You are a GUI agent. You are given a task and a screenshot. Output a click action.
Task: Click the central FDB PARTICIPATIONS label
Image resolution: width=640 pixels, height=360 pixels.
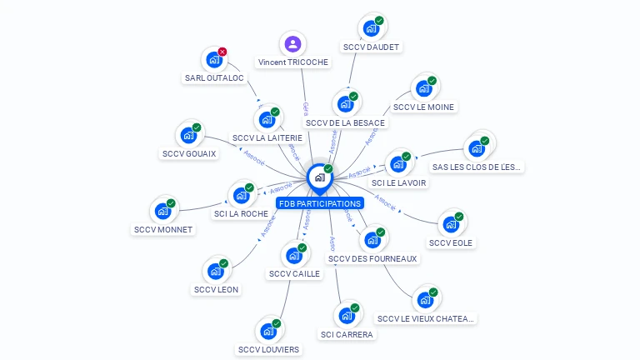319,203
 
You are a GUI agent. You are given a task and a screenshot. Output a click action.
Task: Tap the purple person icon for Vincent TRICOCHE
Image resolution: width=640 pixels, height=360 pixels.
292,44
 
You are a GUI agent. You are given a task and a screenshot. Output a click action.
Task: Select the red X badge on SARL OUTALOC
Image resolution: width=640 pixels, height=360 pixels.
222,52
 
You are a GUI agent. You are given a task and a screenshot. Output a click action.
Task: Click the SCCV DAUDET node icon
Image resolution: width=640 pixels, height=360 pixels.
371,28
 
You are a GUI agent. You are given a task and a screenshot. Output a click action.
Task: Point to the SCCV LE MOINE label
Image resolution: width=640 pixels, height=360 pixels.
424,107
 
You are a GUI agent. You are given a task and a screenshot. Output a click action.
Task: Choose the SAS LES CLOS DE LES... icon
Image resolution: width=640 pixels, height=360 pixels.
477,148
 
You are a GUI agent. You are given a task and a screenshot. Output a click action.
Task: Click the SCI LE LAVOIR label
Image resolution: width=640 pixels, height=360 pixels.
399,182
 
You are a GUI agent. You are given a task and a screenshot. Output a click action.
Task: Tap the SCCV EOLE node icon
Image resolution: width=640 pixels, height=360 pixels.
451,224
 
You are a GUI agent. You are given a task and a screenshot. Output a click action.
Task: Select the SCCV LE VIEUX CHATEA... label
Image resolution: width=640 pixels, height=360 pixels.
426,318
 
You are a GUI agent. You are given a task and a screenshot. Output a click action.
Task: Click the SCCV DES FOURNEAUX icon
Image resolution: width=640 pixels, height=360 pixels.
372,240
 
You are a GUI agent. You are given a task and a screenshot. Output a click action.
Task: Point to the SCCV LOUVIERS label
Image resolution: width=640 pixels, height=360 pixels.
268,349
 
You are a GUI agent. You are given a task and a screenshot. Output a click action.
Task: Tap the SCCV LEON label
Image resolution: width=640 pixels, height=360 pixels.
217,289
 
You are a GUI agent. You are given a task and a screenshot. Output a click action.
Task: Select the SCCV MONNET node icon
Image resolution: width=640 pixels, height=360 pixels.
163,212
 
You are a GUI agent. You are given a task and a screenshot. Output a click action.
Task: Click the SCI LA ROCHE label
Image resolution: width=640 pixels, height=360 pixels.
241,213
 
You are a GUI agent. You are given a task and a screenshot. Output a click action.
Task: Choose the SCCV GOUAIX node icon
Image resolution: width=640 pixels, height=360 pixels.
189,136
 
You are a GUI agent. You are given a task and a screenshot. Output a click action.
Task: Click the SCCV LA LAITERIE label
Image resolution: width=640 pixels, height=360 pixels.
262,137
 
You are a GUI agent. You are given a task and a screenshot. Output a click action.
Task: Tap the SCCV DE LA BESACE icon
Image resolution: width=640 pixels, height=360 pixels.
345,105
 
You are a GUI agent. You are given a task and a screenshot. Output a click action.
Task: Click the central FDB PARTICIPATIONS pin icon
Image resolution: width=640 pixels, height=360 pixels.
319,177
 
